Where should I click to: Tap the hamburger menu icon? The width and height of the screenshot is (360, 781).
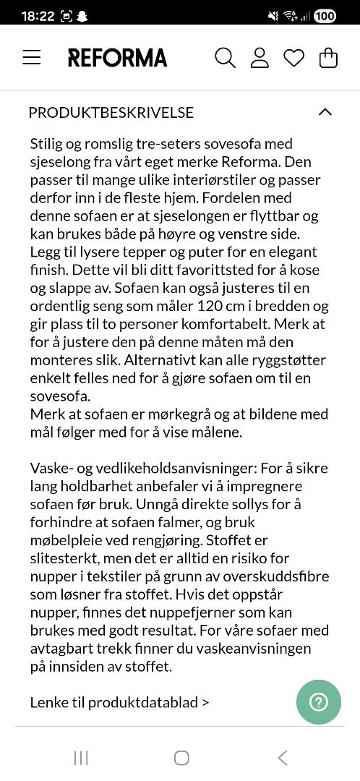coord(32,58)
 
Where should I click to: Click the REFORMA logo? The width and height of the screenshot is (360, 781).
coord(117,58)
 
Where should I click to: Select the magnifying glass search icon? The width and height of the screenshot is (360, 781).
coord(225,58)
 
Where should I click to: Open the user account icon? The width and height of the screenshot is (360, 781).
coord(260,58)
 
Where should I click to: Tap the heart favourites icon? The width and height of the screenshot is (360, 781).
coord(293,58)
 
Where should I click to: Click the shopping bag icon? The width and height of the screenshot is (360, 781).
coord(328,58)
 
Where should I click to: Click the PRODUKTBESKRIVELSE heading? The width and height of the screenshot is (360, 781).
coord(111,112)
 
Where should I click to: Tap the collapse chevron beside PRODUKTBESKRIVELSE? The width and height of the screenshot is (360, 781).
coord(325,112)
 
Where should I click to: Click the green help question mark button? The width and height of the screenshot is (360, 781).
coord(318,702)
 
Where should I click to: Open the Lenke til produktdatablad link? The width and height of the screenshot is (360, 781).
coord(119,702)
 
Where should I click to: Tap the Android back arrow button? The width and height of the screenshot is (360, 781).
coord(283,757)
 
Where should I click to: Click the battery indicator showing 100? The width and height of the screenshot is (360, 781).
coord(325,15)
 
